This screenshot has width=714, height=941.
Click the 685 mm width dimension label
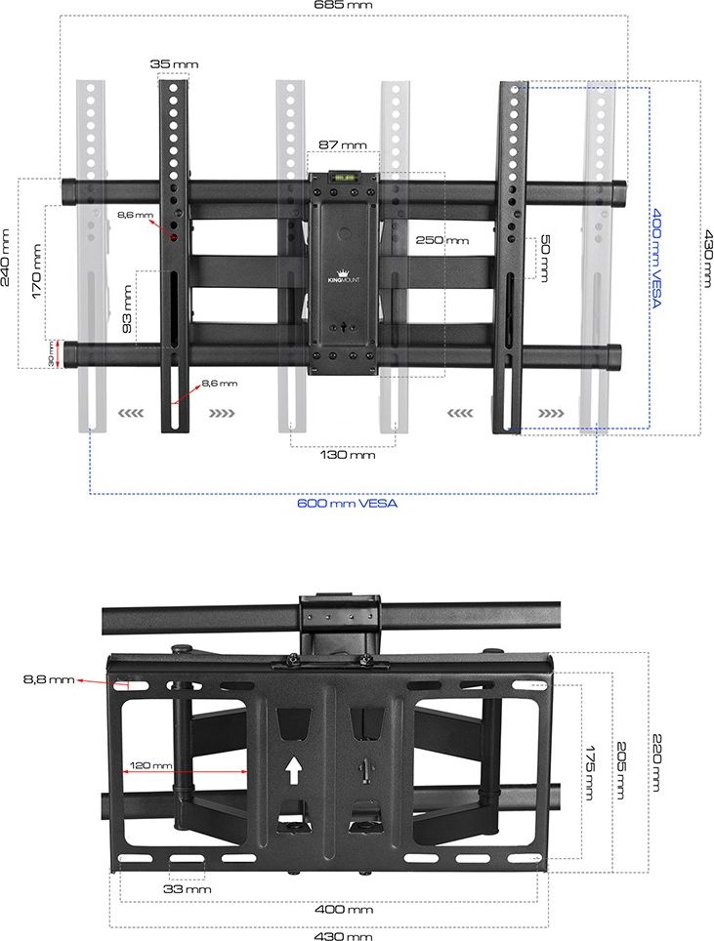pos(344,5)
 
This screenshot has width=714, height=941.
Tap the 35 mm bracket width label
pos(174,64)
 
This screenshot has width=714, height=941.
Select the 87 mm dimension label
pos(342,144)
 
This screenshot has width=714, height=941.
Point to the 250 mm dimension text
pos(441,240)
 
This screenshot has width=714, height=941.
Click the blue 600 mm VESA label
pos(347,503)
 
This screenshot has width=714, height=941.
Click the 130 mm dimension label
pos(348,455)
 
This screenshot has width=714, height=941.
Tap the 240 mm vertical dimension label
pos(7,257)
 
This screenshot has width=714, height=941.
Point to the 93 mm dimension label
pos(127,309)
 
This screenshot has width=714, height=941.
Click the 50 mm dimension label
pos(545,258)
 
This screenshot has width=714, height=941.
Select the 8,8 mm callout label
pos(49,679)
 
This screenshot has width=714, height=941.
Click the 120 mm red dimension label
pos(150,765)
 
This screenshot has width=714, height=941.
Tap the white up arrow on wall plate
pos(293,770)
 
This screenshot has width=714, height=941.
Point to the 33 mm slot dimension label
pos(188,889)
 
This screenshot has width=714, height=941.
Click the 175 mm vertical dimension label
pos(590,773)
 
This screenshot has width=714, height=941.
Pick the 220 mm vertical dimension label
pos(657,762)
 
